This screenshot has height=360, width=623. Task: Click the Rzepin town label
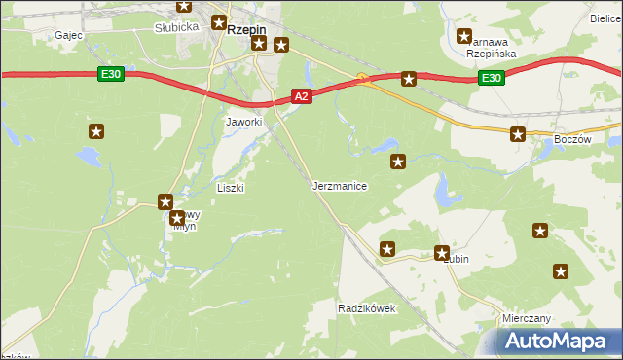coord(246,29)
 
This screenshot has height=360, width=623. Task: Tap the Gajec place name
coord(68,34)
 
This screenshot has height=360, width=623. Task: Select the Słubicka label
coord(176,27)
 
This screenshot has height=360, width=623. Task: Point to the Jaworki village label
coord(244,122)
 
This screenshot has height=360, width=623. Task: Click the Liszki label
coord(231,187)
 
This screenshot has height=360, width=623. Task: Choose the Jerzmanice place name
coord(340,185)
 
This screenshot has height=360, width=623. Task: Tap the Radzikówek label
coord(366,307)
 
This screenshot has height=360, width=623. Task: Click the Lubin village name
coord(457,260)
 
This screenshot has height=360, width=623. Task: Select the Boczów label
coord(572,139)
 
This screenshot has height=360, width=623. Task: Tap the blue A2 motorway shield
coord(302,95)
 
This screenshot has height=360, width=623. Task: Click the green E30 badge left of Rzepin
coord(111,73)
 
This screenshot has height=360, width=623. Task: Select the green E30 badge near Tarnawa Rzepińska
coord(492,78)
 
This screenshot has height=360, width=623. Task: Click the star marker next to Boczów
coord(518,134)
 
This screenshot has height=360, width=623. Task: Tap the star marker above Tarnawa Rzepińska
coord(464,37)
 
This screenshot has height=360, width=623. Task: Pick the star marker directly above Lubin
coord(442,252)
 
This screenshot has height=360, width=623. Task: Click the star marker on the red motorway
coord(409,79)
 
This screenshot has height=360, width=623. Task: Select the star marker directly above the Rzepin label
coord(219,21)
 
